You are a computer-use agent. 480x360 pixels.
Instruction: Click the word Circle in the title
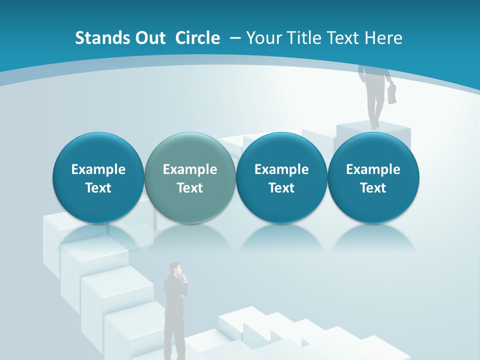pyautogui.click(x=197, y=38)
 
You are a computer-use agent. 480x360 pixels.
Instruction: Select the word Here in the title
pyautogui.click(x=383, y=38)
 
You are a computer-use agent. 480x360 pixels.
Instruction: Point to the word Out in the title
pyautogui.click(x=148, y=38)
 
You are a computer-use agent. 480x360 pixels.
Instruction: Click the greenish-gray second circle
pyautogui.click(x=189, y=178)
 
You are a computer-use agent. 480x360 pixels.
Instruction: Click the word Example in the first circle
pyautogui.click(x=98, y=169)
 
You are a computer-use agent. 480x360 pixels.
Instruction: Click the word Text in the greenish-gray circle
pyautogui.click(x=189, y=188)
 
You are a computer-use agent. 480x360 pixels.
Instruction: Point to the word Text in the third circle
pyautogui.click(x=281, y=188)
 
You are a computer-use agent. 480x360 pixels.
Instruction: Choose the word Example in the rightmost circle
pyautogui.click(x=373, y=169)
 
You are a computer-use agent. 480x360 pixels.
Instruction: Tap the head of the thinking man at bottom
pyautogui.click(x=175, y=269)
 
